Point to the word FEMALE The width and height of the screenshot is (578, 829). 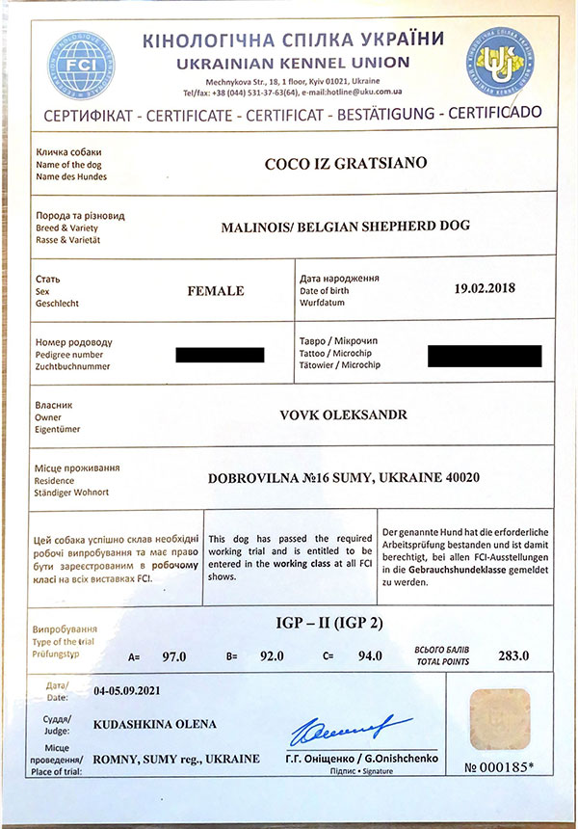215,290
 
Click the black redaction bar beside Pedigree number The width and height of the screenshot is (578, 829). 220,355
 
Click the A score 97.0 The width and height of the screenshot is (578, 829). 174,656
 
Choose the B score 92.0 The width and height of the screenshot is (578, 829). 272,656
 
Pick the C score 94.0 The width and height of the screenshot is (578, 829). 369,656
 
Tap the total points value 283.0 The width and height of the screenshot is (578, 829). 512,656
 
